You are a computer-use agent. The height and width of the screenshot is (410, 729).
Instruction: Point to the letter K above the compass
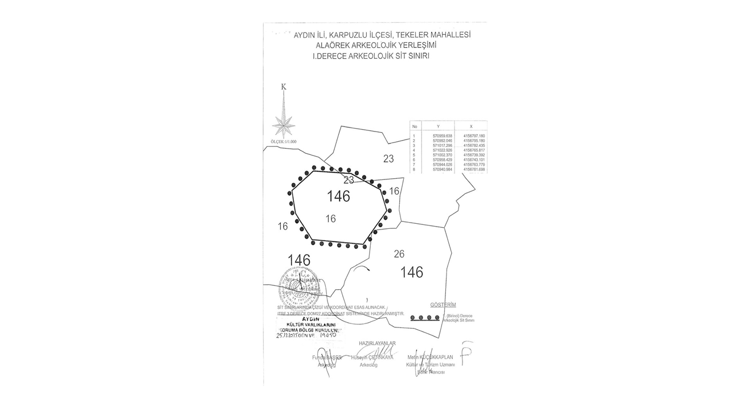pos(284,87)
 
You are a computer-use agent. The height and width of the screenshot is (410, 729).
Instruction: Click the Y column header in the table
pos(438,126)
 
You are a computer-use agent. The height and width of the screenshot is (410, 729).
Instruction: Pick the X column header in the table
pos(471,126)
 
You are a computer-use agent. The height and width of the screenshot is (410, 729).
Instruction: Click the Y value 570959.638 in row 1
pos(442,136)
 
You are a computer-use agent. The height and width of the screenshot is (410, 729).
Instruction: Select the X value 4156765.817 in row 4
pos(474,150)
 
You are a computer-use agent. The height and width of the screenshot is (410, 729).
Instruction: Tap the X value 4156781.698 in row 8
pos(474,170)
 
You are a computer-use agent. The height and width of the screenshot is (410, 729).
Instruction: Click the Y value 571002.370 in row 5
pos(442,155)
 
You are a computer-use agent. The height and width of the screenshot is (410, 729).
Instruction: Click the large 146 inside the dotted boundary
pos(338,196)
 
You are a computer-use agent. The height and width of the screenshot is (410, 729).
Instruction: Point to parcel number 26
pos(399,254)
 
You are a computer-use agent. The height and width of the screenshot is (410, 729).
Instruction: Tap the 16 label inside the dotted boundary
pos(330,219)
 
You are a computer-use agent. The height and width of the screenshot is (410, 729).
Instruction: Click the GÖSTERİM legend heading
pos(443,305)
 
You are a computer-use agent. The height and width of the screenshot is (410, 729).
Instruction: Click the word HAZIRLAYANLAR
pos(377,343)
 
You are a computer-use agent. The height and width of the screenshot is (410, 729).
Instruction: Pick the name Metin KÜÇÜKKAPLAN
pos(431,357)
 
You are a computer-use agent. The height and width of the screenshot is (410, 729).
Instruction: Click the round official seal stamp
pos(295,288)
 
